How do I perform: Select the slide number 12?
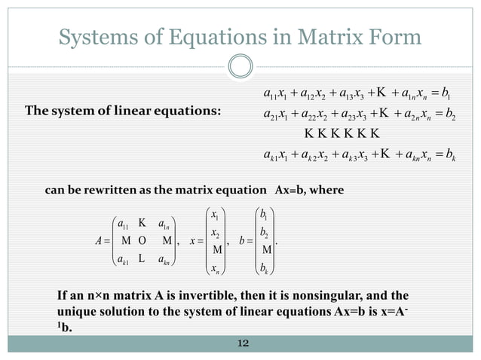242,343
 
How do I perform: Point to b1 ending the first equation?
443,95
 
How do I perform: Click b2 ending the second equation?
443,114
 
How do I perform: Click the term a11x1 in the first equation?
272,95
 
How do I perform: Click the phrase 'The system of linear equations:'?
124,112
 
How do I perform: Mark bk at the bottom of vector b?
266,267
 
